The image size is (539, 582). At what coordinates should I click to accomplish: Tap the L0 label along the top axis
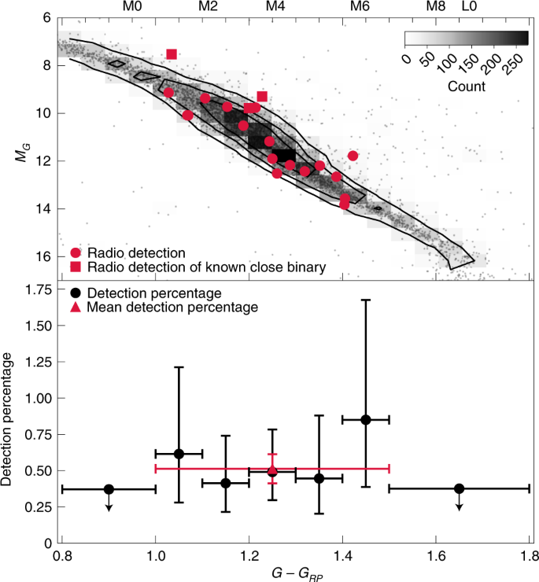pyautogui.click(x=468, y=6)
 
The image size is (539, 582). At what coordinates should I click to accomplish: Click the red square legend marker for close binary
pyautogui.click(x=76, y=268)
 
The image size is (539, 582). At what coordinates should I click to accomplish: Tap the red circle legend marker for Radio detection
pyautogui.click(x=76, y=253)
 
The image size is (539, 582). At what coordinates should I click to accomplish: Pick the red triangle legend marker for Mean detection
pyautogui.click(x=76, y=308)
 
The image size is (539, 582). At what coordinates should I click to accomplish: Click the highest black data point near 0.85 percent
pyautogui.click(x=366, y=419)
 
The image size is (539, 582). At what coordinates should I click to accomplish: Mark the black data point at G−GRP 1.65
pyautogui.click(x=460, y=488)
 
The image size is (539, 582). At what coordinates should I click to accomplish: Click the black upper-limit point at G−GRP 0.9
pyautogui.click(x=109, y=489)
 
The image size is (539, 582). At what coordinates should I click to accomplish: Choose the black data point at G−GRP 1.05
pyautogui.click(x=179, y=454)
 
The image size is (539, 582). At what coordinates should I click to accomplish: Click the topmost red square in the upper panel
pyautogui.click(x=172, y=54)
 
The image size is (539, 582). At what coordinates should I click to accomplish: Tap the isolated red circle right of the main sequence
pyautogui.click(x=353, y=156)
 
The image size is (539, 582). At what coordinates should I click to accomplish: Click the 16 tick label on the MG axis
pyautogui.click(x=44, y=256)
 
